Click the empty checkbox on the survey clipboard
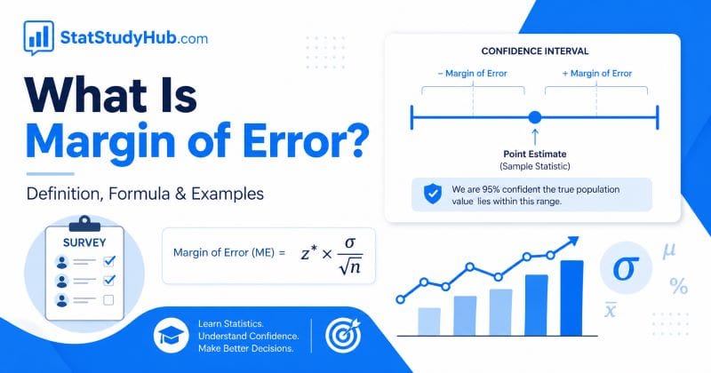pos(109,300)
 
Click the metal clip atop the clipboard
pos(84,221)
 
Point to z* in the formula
pos(309,253)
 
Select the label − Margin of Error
pos(471,72)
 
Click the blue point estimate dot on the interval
pos(534,116)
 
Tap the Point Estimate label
pos(533,153)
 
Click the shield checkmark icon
pos(432,194)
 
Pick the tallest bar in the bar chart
pos(571,297)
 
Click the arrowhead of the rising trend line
pos(572,239)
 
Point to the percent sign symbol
pos(679,286)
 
